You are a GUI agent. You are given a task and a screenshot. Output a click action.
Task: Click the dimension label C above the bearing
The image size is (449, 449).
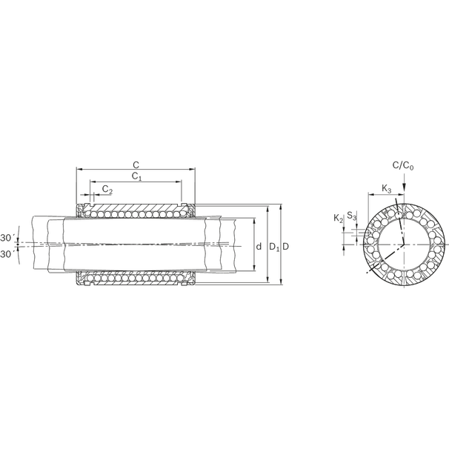click(136, 164)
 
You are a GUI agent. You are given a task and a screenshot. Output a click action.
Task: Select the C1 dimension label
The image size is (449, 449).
click(136, 176)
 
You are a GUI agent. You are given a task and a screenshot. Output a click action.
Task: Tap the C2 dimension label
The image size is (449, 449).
click(107, 190)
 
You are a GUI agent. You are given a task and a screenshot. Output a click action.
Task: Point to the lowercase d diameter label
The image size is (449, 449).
click(259, 245)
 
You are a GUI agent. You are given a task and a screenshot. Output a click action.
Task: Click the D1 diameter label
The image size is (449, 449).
click(273, 245)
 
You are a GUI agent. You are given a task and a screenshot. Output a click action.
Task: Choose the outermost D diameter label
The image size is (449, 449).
click(285, 245)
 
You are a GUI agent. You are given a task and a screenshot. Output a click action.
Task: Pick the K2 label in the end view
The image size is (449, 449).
click(338, 217)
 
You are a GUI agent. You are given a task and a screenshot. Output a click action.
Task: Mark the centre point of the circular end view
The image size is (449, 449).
click(404, 245)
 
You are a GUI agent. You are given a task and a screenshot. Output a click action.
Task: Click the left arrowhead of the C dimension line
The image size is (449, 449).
click(79, 170)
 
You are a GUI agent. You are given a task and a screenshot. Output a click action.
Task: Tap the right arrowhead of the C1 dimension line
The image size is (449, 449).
click(179, 182)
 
